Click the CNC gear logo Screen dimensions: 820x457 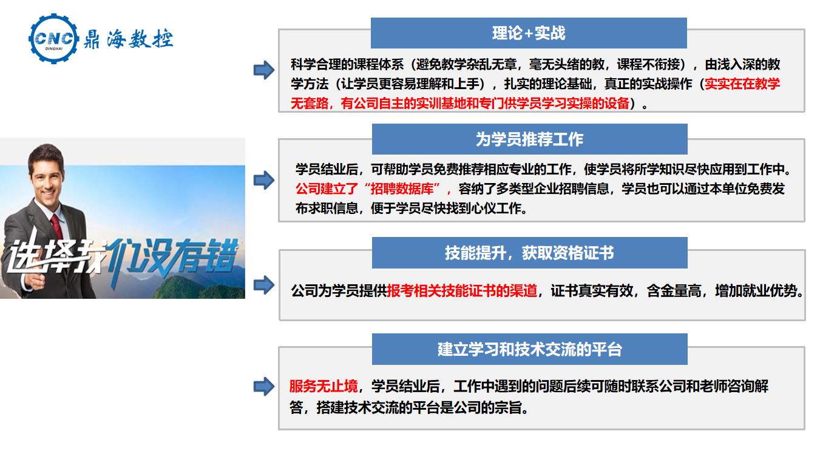[54, 38]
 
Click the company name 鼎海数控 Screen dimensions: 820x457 [128, 39]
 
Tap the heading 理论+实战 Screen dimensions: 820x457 [529, 33]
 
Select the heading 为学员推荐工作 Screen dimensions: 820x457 [529, 139]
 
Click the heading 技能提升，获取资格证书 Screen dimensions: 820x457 [529, 253]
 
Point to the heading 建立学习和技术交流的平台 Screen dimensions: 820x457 [529, 349]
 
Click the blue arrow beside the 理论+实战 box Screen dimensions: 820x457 [264, 70]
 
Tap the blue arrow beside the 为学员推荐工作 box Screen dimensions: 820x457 [264, 180]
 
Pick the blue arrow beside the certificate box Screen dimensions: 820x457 [264, 285]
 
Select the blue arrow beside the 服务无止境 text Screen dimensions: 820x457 [264, 387]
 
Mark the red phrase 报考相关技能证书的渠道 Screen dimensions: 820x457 [462, 291]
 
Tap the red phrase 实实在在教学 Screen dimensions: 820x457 [742, 84]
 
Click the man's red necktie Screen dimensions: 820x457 [57, 226]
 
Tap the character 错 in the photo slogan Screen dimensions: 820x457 [219, 255]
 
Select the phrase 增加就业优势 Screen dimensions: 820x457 [757, 291]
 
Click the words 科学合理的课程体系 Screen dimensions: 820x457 [347, 65]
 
